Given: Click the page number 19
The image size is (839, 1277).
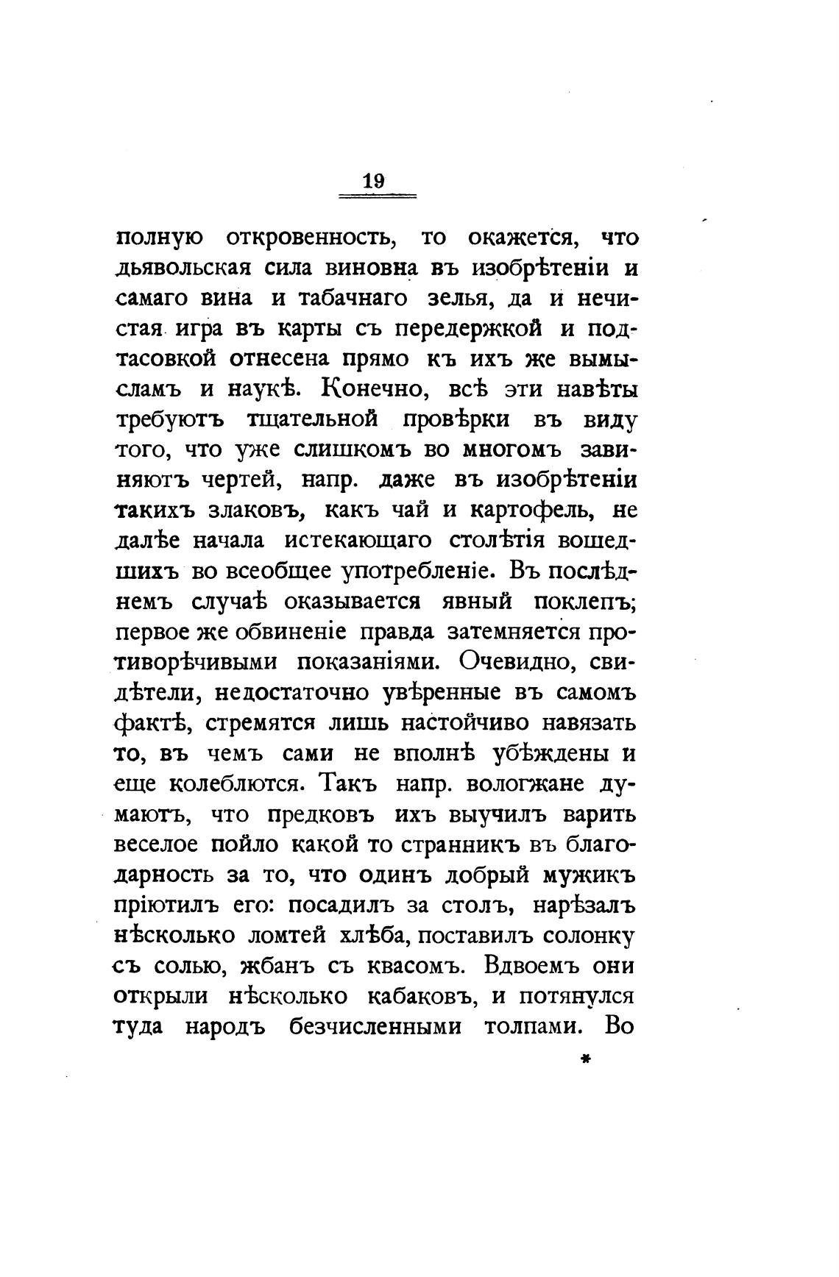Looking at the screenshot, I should click(374, 181).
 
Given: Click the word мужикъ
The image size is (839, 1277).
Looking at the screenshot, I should click(588, 875).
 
